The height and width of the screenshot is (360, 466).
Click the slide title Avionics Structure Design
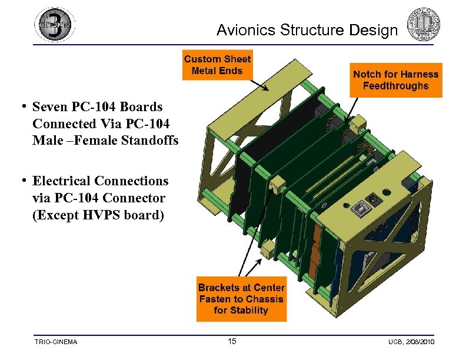(x=307, y=30)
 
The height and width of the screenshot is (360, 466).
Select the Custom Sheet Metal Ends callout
(x=217, y=65)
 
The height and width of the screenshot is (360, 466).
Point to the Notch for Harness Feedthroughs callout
(x=395, y=80)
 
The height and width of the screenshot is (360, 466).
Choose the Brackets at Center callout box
(x=241, y=299)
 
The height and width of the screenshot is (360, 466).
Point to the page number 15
(x=232, y=342)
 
